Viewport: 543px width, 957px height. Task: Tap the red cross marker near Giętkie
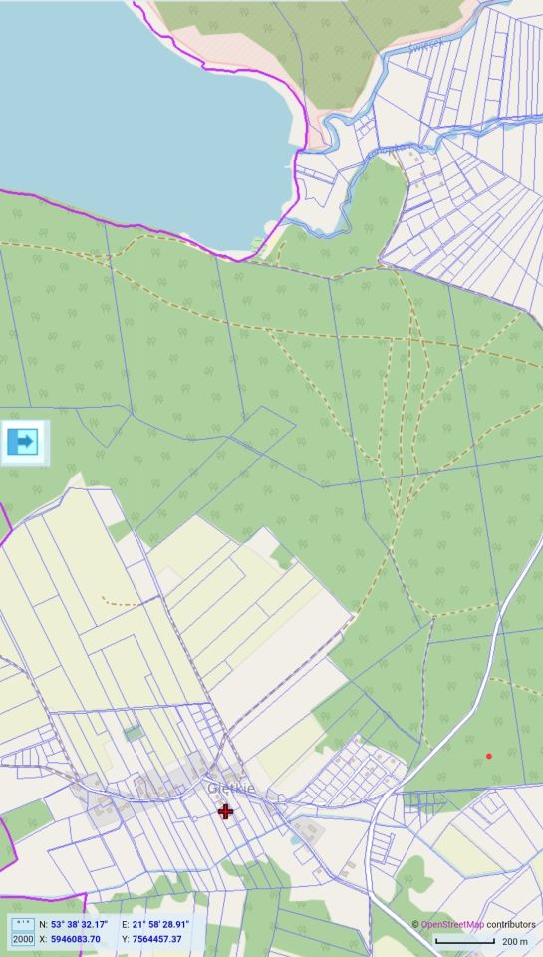[226, 811]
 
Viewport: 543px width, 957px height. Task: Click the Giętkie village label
[231, 789]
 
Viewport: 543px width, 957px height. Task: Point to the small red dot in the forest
[488, 756]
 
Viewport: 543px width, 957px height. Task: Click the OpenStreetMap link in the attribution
[452, 925]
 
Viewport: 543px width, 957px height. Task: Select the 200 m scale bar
[464, 941]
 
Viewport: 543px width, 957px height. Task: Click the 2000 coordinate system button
[22, 939]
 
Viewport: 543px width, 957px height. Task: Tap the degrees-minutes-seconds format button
[22, 925]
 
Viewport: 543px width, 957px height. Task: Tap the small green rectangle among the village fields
[134, 733]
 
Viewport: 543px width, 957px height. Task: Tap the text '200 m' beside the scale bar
[514, 941]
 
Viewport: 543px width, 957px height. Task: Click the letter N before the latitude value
[43, 924]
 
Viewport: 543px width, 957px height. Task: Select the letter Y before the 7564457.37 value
[125, 939]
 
